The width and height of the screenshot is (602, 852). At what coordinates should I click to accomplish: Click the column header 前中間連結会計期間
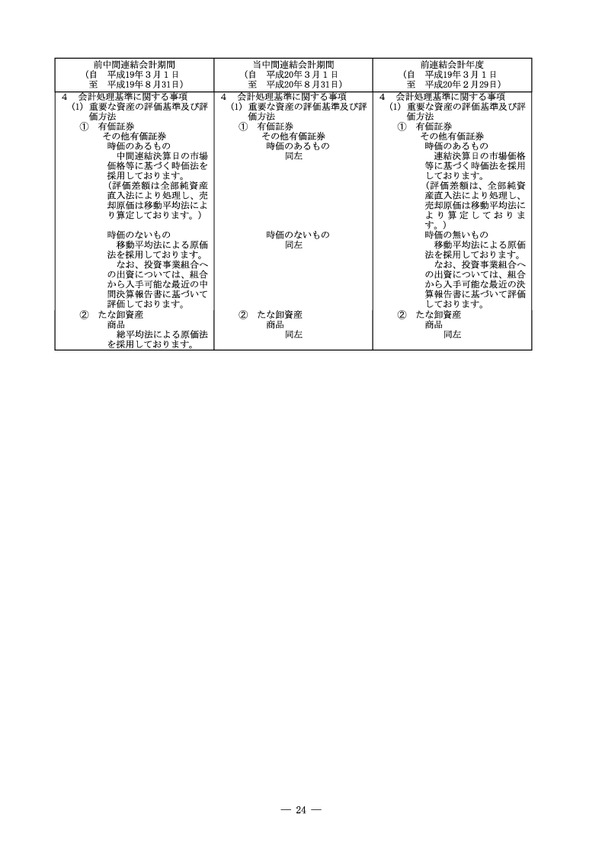point(134,65)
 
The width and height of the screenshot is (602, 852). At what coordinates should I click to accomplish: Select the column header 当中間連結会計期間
point(293,65)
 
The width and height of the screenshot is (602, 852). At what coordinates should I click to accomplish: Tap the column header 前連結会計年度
point(452,65)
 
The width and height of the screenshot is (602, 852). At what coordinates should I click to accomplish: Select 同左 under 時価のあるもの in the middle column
point(293,155)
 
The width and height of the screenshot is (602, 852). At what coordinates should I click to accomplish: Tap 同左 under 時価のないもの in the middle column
point(293,245)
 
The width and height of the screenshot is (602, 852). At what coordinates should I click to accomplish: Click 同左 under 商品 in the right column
point(452,334)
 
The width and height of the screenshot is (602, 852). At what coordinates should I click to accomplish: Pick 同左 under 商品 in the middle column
point(293,334)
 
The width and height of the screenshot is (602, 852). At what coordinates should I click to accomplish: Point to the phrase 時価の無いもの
point(456,235)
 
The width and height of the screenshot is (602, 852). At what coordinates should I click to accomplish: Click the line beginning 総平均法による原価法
point(162,334)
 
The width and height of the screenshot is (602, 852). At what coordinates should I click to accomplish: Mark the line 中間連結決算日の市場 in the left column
point(162,155)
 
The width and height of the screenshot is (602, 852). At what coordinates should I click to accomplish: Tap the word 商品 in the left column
point(117,324)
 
